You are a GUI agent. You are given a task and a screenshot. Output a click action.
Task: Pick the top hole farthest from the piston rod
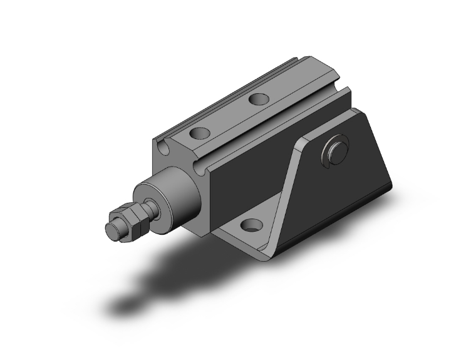(x=257, y=98)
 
